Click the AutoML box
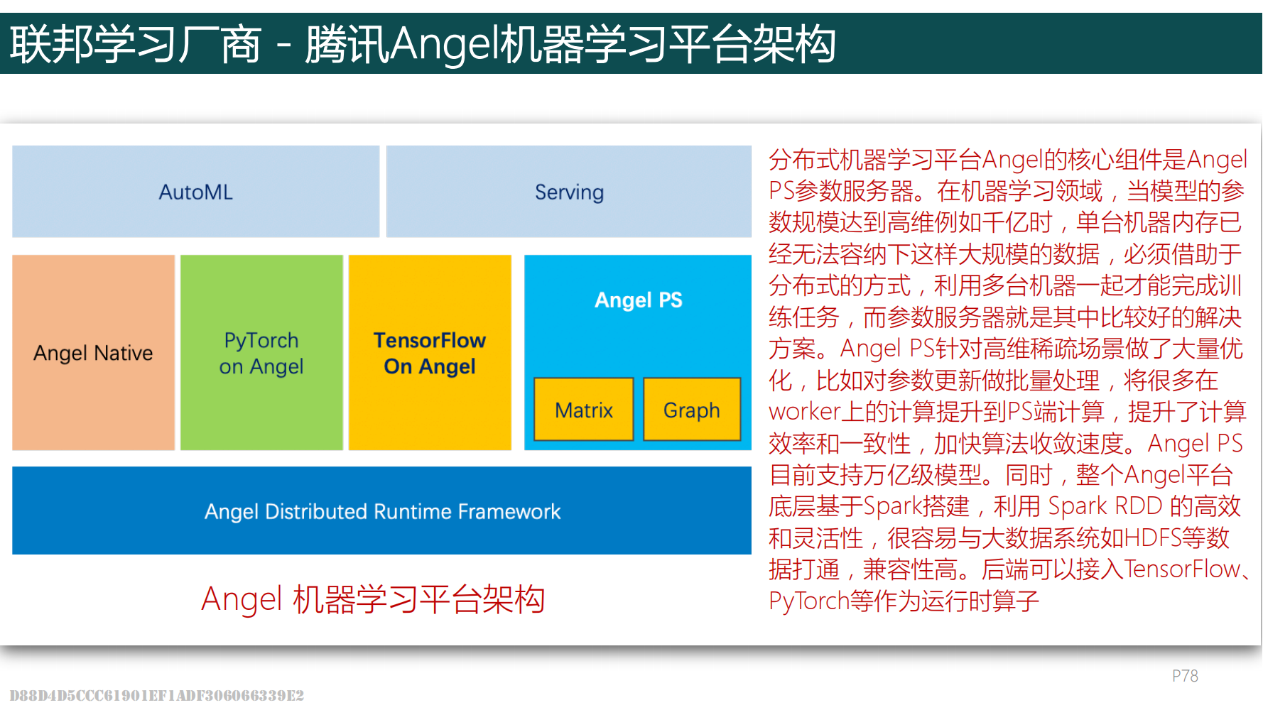(x=195, y=192)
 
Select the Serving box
(x=569, y=192)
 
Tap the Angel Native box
(x=93, y=353)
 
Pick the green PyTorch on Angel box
(x=261, y=353)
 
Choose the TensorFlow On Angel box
(x=430, y=353)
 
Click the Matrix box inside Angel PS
(x=584, y=410)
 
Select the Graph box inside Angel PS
(x=692, y=410)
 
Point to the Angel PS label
(x=639, y=300)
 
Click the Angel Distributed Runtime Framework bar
(x=381, y=510)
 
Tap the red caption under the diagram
(x=373, y=599)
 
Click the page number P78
(x=1185, y=676)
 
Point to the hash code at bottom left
(x=156, y=695)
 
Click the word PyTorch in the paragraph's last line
(x=809, y=601)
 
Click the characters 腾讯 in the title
(x=347, y=44)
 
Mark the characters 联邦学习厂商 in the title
(x=136, y=44)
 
